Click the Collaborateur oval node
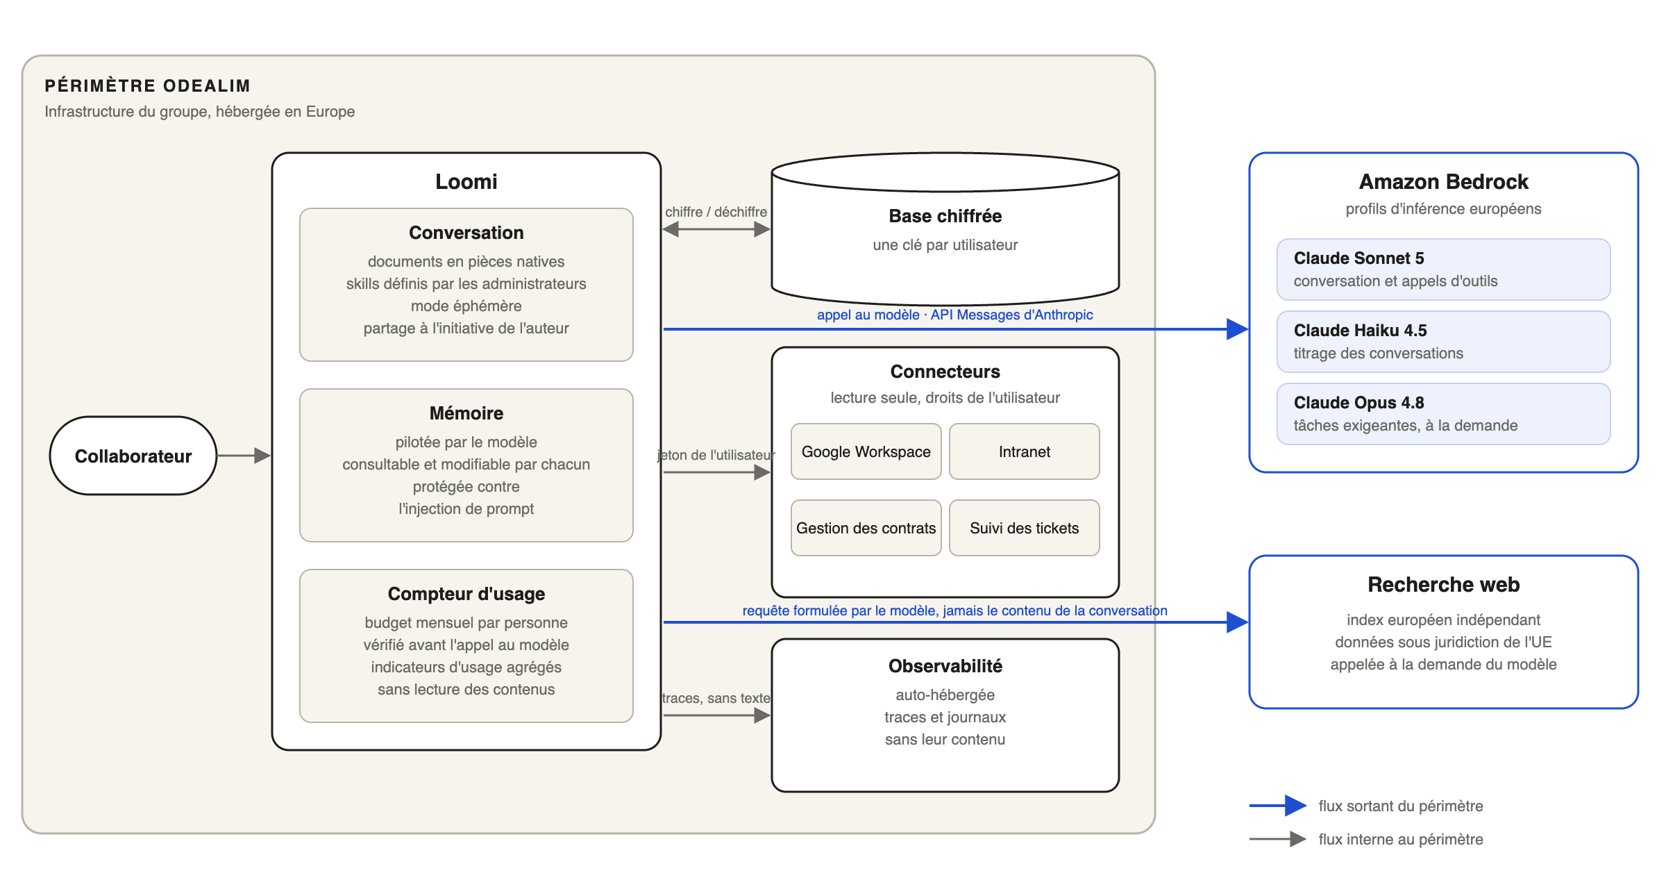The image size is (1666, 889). coord(133,456)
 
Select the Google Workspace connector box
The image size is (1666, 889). coord(866,451)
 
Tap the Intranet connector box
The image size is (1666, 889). coord(1025,451)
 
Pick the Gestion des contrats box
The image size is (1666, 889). coord(866,528)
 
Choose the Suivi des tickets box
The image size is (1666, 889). coord(1025,528)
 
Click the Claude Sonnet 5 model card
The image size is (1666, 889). coord(1444,269)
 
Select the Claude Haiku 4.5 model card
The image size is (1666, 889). coord(1444,342)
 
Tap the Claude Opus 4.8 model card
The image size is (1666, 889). coord(1444,414)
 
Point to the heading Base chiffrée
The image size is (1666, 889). coord(945,216)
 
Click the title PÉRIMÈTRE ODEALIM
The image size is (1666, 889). coord(147,85)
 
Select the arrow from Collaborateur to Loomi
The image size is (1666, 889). coord(244,456)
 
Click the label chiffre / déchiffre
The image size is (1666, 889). coord(716,212)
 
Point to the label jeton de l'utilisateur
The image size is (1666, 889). coord(716,455)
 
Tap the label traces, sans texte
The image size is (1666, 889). coord(716,698)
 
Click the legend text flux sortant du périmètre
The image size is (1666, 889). coord(1401,806)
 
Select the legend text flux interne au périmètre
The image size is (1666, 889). coord(1401,839)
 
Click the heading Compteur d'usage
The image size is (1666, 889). coord(466,594)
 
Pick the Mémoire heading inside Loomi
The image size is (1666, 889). coord(466,413)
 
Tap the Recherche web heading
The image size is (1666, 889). coord(1444,585)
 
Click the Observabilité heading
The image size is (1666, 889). coord(945,666)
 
